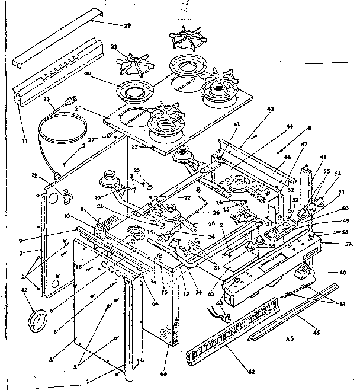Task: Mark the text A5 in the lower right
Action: [289, 338]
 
